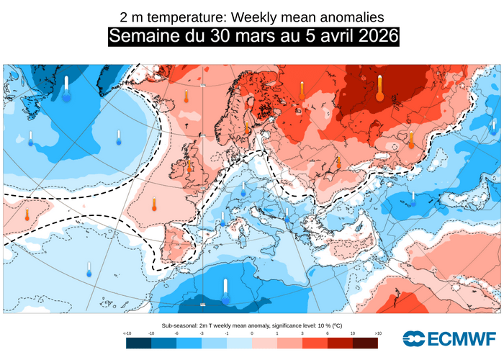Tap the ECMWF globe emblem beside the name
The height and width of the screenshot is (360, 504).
point(414,338)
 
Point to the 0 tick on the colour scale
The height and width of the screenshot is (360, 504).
point(252,333)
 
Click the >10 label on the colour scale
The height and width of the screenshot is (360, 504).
point(377,333)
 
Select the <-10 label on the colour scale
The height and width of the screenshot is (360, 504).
point(127,333)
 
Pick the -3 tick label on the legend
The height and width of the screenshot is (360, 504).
point(202,333)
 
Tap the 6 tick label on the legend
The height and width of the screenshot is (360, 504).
point(328,333)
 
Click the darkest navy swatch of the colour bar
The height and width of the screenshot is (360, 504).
point(138,343)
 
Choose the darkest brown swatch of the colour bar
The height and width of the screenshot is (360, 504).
point(365,343)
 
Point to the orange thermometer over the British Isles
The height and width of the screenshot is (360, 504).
point(189,165)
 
